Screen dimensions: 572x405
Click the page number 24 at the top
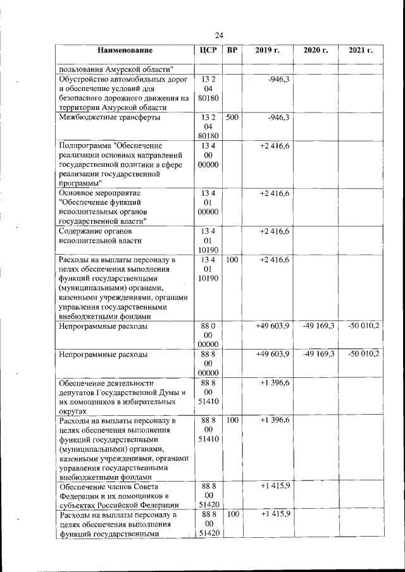[x=218, y=35]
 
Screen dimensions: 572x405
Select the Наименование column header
[x=125, y=50]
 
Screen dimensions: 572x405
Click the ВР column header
[x=233, y=50]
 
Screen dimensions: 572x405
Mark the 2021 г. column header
[x=360, y=50]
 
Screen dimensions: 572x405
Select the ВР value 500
[x=232, y=118]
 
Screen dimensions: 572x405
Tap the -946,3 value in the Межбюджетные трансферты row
[x=278, y=118]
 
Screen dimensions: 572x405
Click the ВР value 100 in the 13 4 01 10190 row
[x=232, y=260]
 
